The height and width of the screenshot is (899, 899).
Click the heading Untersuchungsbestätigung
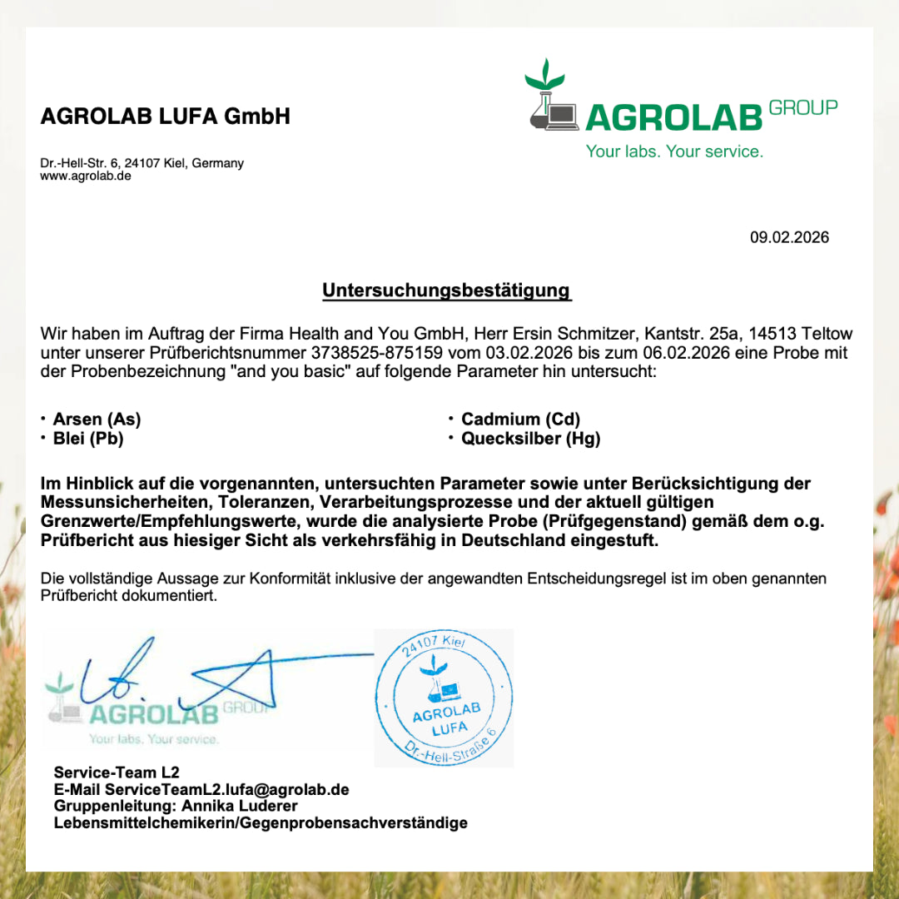pos(446,291)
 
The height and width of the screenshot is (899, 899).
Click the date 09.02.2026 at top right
pos(789,237)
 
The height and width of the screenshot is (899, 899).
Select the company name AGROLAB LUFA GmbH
pos(166,117)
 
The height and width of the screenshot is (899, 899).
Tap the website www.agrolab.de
pos(86,176)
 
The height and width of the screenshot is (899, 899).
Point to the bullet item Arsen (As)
pos(97,419)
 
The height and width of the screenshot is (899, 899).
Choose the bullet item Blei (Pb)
pos(88,439)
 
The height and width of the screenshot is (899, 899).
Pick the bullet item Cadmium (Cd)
pos(520,419)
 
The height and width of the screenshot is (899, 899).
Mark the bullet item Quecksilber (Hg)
pos(530,439)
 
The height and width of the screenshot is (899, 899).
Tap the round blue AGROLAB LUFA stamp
pos(444,698)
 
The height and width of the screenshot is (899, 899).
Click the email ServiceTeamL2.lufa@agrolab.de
pos(226,789)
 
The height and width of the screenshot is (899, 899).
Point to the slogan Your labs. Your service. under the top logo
pos(674,151)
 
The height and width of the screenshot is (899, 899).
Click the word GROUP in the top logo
pos(803,107)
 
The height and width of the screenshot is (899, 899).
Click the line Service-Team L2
pos(117,772)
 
